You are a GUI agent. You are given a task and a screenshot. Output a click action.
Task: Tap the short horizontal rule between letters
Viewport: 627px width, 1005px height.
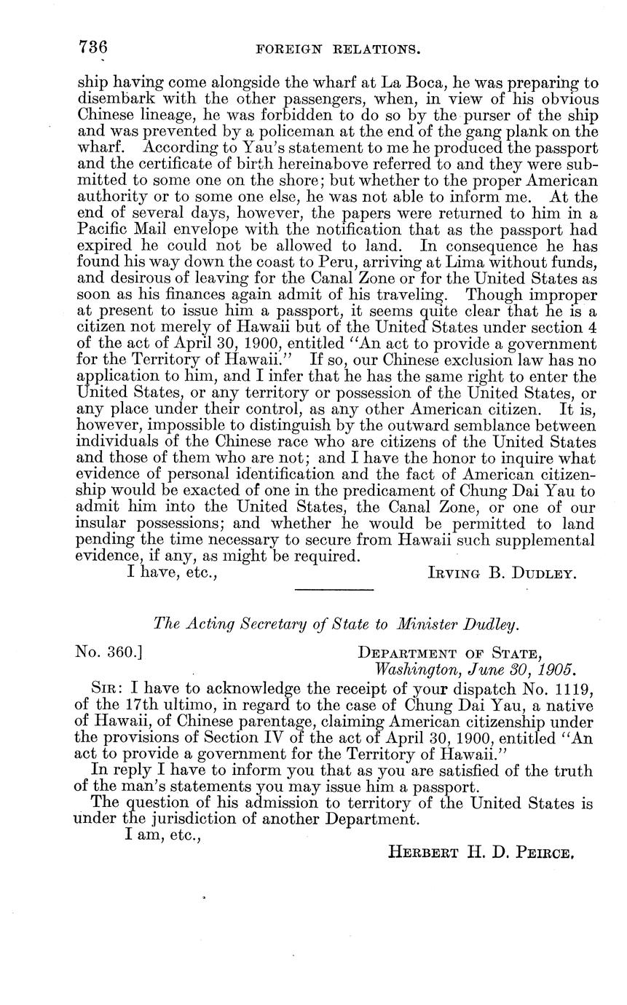point(334,588)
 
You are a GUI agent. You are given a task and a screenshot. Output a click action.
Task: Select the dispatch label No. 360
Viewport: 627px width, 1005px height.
point(109,650)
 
